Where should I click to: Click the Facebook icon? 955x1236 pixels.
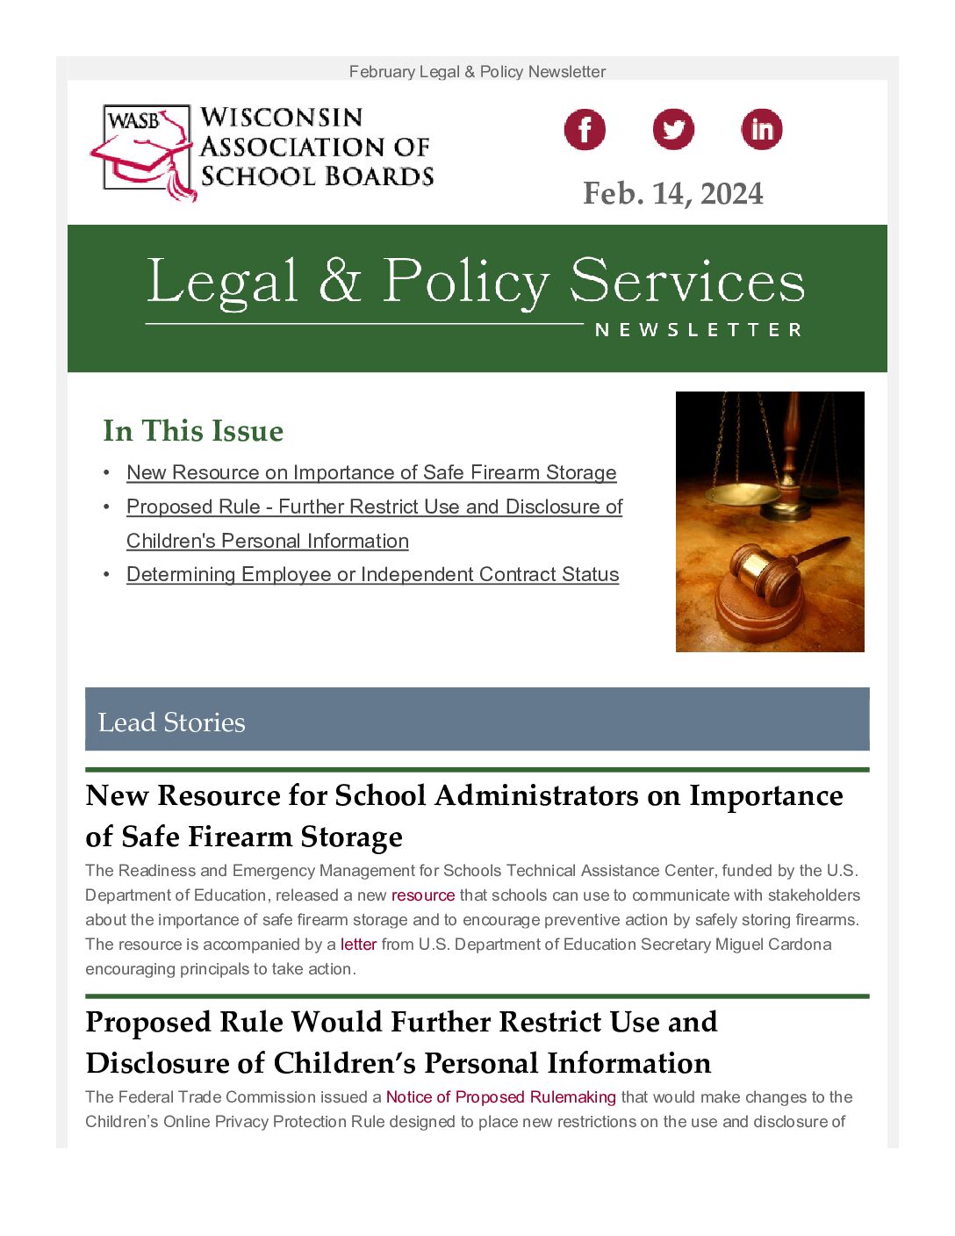pyautogui.click(x=585, y=130)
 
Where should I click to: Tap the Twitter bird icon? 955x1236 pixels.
pyautogui.click(x=673, y=130)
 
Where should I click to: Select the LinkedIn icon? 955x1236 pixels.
pyautogui.click(x=761, y=130)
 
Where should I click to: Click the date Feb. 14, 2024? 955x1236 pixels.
pyautogui.click(x=672, y=194)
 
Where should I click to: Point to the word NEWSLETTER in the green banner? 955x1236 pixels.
pyautogui.click(x=698, y=330)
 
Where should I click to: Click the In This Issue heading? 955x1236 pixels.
pyautogui.click(x=193, y=431)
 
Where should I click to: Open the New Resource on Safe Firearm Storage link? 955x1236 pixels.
pyautogui.click(x=371, y=472)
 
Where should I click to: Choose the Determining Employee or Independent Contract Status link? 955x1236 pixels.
pyautogui.click(x=372, y=574)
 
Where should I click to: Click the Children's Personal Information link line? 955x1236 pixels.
pyautogui.click(x=268, y=541)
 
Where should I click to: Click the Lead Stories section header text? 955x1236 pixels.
pyautogui.click(x=172, y=722)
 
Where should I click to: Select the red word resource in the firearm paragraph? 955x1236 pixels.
pyautogui.click(x=423, y=895)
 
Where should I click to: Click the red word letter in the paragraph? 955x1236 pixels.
pyautogui.click(x=358, y=945)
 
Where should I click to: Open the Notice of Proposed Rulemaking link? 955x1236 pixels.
pyautogui.click(x=500, y=1097)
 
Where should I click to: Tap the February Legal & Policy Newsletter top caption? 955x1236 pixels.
pyautogui.click(x=477, y=72)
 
